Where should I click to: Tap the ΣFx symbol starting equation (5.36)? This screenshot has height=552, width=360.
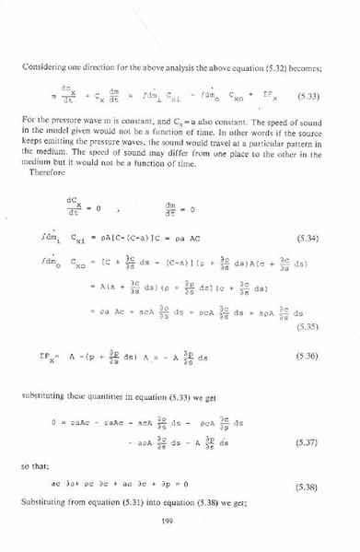[43, 355]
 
